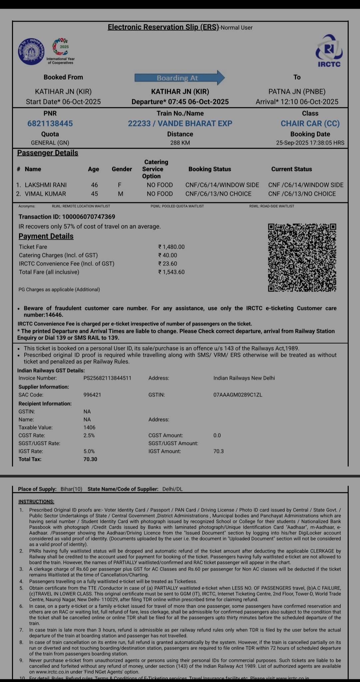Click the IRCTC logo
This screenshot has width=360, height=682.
[x=329, y=51]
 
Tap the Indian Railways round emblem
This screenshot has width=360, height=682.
[x=31, y=52]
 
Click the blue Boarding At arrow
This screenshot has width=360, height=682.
[x=179, y=78]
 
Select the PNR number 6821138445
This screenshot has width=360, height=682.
[x=50, y=124]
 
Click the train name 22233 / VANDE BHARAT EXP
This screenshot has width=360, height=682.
[x=180, y=124]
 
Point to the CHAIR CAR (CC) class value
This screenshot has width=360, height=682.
[x=310, y=124]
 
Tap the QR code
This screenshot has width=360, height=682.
[x=302, y=258]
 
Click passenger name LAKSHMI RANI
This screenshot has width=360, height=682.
[x=46, y=185]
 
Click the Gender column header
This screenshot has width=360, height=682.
[x=122, y=169]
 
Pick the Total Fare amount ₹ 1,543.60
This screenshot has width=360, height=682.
[x=171, y=272]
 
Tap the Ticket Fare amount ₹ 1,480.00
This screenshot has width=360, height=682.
[x=171, y=247]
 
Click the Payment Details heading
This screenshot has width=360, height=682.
[x=46, y=236]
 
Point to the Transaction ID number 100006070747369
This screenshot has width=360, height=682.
[x=89, y=217]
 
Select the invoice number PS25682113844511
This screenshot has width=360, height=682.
[x=107, y=378]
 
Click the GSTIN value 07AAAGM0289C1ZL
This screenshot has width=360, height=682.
[x=238, y=395]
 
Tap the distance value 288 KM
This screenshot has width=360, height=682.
[x=180, y=143]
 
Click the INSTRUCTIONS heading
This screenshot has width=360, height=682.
[x=36, y=502]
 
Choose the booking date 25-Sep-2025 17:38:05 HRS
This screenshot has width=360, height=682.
[x=310, y=143]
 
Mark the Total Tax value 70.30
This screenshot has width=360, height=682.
[x=90, y=459]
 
